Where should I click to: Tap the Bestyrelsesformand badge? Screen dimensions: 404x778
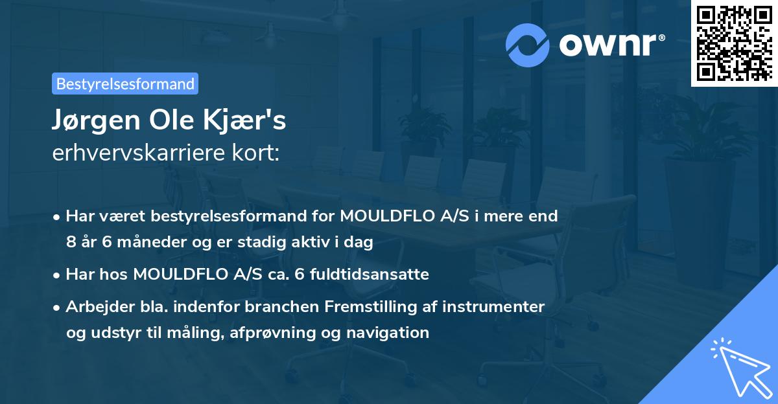(x=125, y=84)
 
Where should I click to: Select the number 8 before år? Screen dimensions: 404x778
(x=71, y=243)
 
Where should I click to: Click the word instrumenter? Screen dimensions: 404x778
(x=494, y=306)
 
